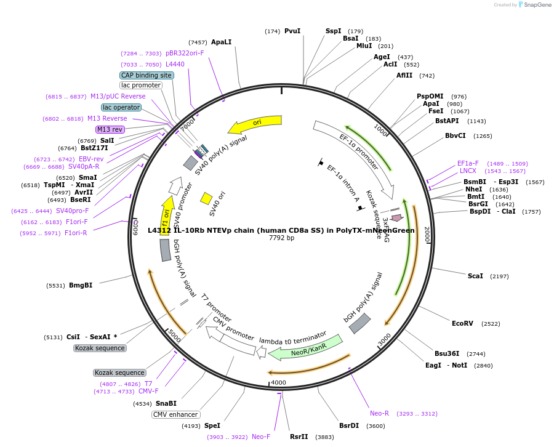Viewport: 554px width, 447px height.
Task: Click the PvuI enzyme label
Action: [292, 31]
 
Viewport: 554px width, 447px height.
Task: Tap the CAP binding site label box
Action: [147, 75]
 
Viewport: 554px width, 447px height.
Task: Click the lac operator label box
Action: [121, 107]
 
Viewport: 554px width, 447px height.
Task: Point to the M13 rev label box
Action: [110, 129]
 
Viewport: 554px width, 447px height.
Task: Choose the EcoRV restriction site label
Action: [462, 323]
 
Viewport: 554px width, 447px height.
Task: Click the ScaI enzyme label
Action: [475, 276]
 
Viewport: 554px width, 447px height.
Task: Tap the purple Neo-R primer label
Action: [379, 413]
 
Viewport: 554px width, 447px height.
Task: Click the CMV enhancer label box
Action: [175, 414]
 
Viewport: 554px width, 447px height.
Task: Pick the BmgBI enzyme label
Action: [81, 285]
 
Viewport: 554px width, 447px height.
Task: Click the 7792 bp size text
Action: [281, 238]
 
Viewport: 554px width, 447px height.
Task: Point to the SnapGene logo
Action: [535, 5]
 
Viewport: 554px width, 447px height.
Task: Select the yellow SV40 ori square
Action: [207, 198]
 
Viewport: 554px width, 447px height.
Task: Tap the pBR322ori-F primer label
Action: [185, 54]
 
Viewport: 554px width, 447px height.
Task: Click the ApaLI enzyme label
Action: [221, 42]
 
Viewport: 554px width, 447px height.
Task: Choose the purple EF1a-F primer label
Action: [468, 163]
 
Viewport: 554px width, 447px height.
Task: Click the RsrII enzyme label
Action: [299, 437]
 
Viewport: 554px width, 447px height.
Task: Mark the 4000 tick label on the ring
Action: [279, 382]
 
